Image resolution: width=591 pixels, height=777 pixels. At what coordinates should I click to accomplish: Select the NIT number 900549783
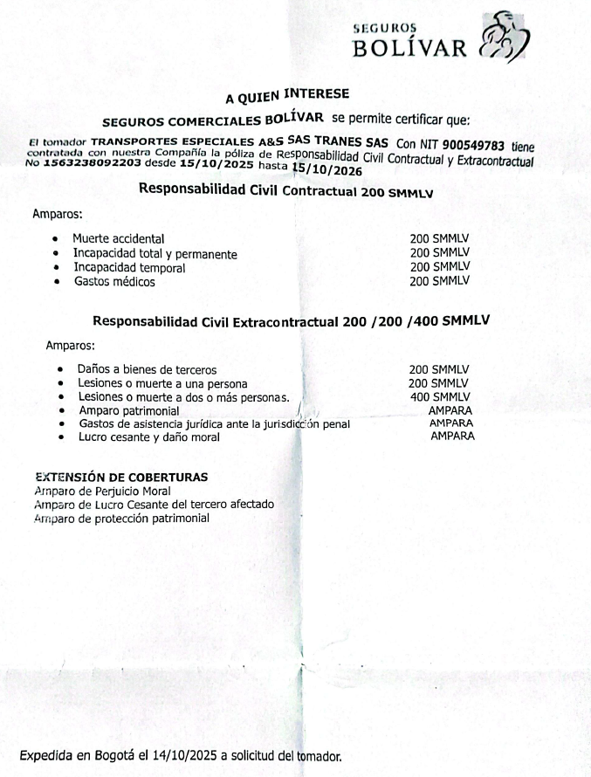click(x=478, y=145)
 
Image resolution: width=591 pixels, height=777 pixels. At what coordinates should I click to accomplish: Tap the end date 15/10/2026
click(x=327, y=170)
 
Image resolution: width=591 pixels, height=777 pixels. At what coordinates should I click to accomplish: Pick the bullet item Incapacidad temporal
click(x=129, y=268)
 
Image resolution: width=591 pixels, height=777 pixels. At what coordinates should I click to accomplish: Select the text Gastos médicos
click(x=114, y=282)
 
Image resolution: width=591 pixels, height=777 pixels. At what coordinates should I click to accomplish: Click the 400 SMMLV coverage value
click(x=439, y=397)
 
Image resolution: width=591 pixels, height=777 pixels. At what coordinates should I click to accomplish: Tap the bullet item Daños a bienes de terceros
click(x=148, y=369)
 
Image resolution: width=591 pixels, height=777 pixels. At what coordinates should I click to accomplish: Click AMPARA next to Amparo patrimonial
click(x=450, y=409)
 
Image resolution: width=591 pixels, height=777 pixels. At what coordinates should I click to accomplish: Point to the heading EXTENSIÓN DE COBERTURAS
click(x=121, y=478)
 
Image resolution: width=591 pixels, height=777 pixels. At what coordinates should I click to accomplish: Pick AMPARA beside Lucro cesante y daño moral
click(x=452, y=436)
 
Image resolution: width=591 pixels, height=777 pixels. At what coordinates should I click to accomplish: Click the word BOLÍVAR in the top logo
click(x=409, y=47)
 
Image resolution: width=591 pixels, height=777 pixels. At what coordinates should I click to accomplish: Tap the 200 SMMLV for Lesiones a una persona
click(x=439, y=383)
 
